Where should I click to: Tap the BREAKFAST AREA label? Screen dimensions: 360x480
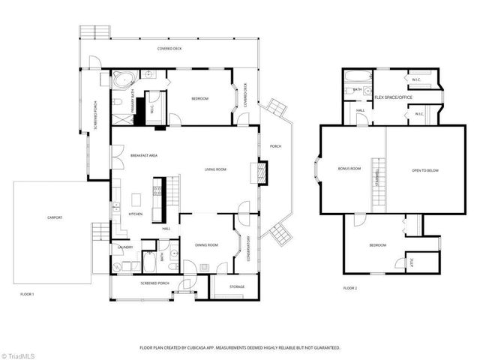(143, 155)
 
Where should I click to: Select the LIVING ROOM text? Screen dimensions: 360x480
(216, 169)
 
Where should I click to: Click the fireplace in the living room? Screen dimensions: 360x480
(262, 175)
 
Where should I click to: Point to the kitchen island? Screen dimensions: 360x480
(137, 200)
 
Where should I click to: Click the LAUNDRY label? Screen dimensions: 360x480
(124, 247)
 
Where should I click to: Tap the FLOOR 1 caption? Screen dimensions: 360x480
(28, 294)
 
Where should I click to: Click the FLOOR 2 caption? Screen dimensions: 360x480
(351, 288)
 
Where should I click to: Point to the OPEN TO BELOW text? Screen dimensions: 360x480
(425, 171)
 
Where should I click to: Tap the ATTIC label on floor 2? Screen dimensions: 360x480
(411, 261)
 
